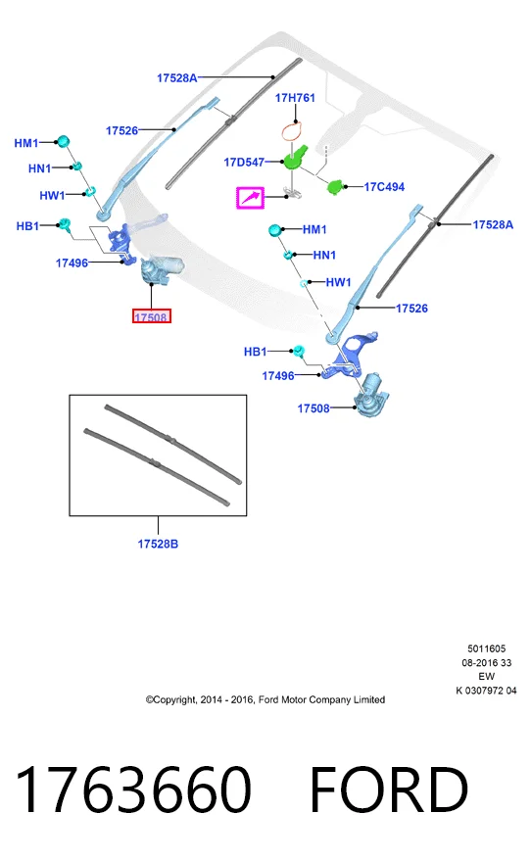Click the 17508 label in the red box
[152, 316]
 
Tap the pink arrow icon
[250, 198]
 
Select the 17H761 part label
[295, 98]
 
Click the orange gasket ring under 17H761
[293, 131]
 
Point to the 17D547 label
[244, 163]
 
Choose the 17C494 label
[384, 187]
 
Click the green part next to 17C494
[335, 186]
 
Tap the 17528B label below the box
[158, 544]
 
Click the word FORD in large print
[389, 790]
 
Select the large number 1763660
[133, 790]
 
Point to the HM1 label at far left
[26, 143]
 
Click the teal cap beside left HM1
[63, 141]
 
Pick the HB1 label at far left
[27, 226]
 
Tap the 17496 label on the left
[72, 263]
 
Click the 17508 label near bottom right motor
[314, 408]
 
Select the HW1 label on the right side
[338, 282]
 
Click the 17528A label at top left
[177, 78]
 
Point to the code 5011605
[487, 648]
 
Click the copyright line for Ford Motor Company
[265, 699]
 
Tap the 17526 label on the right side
[411, 309]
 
